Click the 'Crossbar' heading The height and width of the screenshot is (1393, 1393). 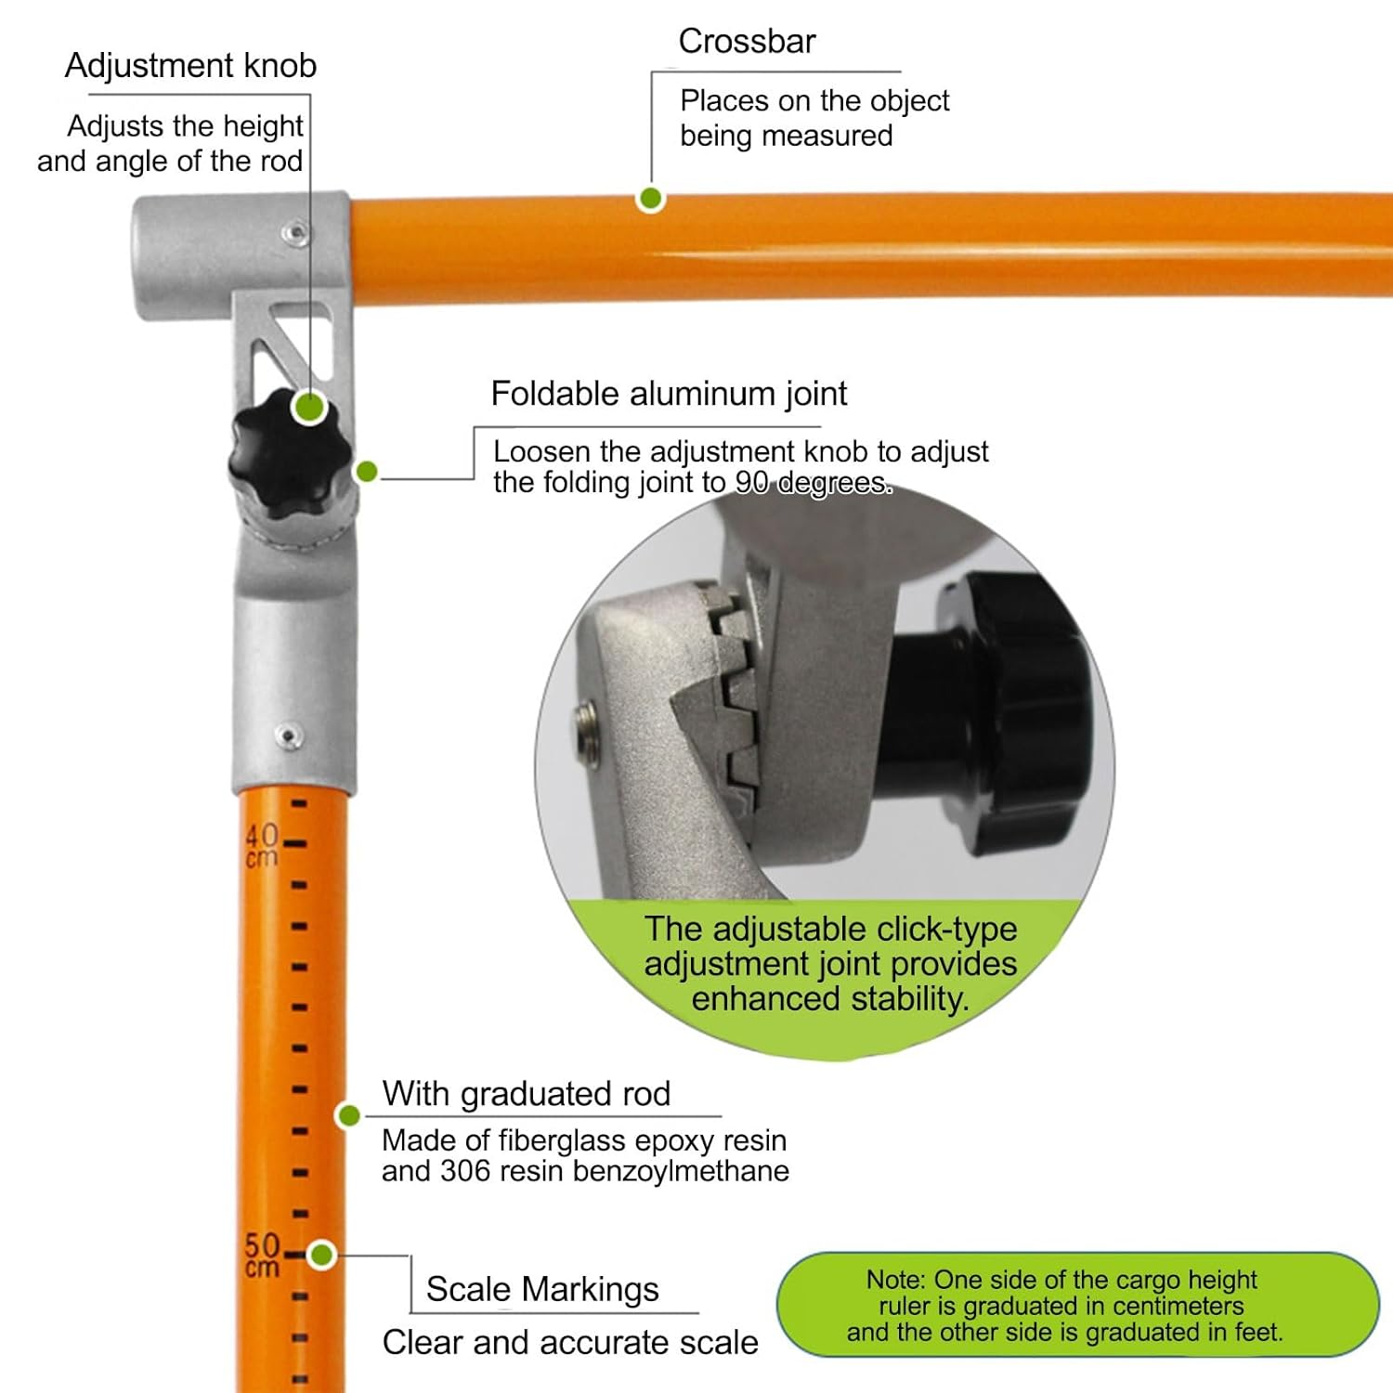(747, 42)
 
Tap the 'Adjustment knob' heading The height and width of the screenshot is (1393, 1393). (190, 66)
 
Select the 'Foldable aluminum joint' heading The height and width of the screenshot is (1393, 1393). (669, 394)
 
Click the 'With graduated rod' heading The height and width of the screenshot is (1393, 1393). (527, 1094)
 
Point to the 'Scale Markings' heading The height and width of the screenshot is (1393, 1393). (542, 1290)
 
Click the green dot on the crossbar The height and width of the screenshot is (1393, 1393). (651, 198)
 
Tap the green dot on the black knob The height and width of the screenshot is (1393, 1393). (309, 407)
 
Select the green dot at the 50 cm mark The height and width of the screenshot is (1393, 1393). (322, 1256)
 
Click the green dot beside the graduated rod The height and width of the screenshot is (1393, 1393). (349, 1115)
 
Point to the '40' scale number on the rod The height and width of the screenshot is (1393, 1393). (262, 835)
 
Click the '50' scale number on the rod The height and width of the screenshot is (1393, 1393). (262, 1244)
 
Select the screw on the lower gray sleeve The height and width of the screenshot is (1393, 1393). (289, 736)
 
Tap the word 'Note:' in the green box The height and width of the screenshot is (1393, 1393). (896, 1280)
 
